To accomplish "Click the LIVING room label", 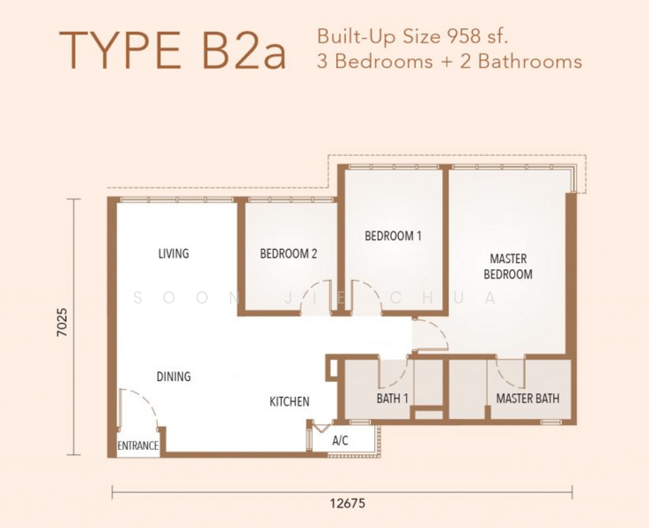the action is pyautogui.click(x=173, y=253).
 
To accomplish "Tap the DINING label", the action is pyautogui.click(x=173, y=377).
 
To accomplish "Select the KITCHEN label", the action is pyautogui.click(x=290, y=401).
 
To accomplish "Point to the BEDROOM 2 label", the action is pyautogui.click(x=289, y=253).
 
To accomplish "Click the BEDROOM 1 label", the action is pyautogui.click(x=393, y=236).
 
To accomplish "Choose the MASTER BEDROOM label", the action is pyautogui.click(x=508, y=267).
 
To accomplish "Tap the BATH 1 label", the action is pyautogui.click(x=392, y=399).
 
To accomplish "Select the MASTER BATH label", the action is pyautogui.click(x=527, y=399).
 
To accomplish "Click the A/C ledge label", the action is pyautogui.click(x=340, y=441).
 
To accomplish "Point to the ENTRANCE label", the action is pyautogui.click(x=138, y=445).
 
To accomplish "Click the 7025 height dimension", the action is pyautogui.click(x=63, y=322).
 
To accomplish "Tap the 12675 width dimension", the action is pyautogui.click(x=348, y=503).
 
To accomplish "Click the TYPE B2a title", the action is pyautogui.click(x=173, y=51).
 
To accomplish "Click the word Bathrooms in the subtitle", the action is pyautogui.click(x=530, y=62).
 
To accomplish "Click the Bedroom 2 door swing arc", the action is pyautogui.click(x=308, y=289).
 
